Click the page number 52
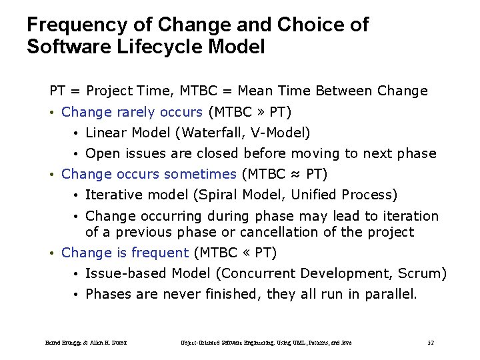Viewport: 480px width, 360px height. click(x=430, y=343)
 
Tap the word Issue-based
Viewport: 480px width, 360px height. click(x=127, y=273)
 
